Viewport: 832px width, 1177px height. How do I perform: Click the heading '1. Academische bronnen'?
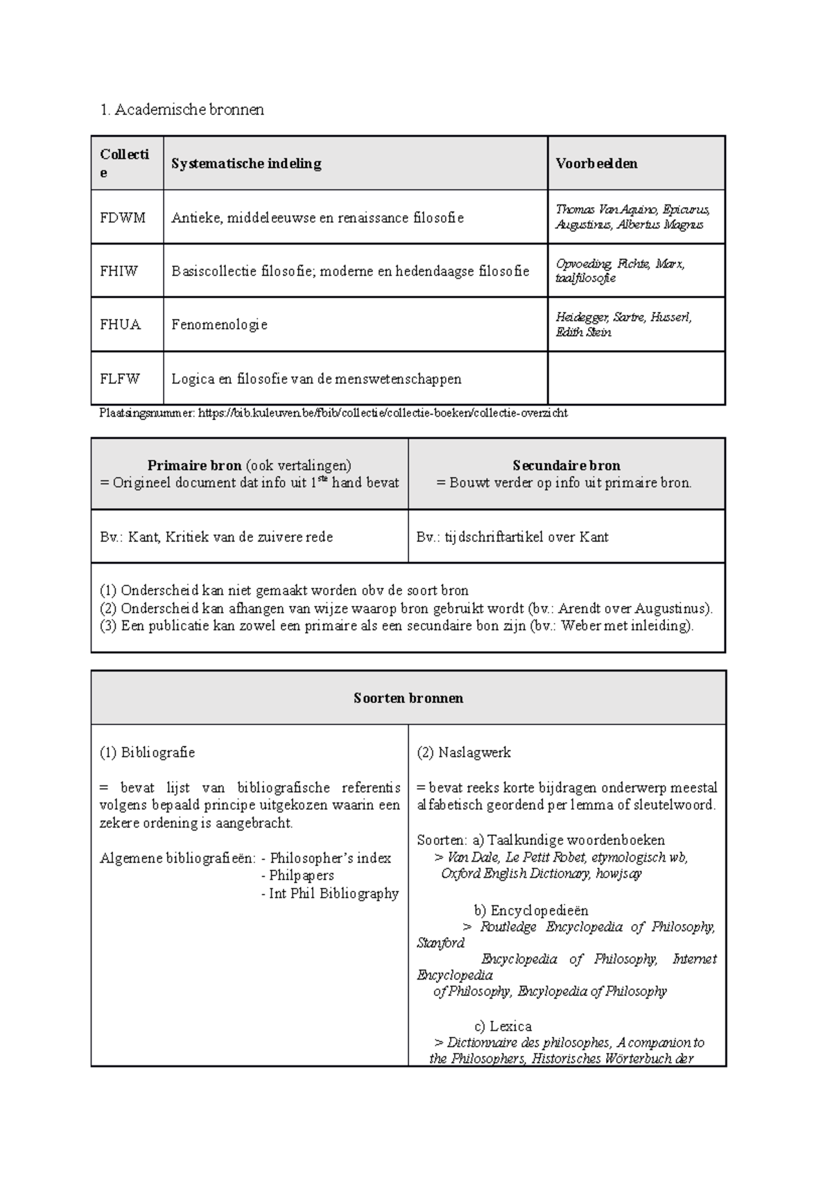tap(182, 110)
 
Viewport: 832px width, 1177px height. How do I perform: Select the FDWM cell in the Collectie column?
tap(123, 218)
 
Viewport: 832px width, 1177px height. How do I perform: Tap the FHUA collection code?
tap(120, 324)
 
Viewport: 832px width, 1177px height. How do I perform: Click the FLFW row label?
tap(120, 378)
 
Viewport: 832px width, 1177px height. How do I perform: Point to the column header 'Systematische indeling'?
tap(246, 164)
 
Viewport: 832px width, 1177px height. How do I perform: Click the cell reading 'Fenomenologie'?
tap(219, 324)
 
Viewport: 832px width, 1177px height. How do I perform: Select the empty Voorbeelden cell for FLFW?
tap(636, 378)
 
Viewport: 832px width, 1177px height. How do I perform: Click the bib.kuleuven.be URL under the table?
tap(383, 413)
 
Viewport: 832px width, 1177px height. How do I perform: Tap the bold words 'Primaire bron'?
tap(194, 466)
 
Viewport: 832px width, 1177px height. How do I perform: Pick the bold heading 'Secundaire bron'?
tap(566, 466)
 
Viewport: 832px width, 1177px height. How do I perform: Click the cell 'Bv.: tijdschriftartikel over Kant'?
tap(512, 537)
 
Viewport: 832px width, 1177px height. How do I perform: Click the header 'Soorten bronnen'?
tap(408, 698)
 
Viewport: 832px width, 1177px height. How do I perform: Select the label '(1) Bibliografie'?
tap(147, 752)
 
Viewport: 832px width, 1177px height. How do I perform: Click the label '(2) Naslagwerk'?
tap(463, 752)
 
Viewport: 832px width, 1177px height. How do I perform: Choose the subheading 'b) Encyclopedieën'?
tap(530, 911)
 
